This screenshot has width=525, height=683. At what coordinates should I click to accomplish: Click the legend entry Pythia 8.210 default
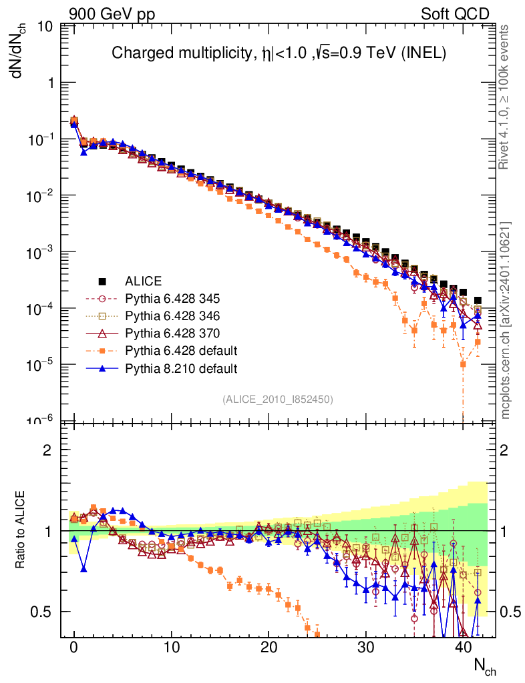(181, 368)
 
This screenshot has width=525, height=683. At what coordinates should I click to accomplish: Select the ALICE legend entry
(143, 281)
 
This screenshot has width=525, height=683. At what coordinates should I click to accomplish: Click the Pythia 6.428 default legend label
(181, 350)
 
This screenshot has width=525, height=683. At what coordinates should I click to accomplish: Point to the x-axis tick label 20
(269, 648)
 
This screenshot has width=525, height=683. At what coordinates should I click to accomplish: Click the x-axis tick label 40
(463, 648)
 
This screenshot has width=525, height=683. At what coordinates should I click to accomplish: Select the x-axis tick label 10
(172, 648)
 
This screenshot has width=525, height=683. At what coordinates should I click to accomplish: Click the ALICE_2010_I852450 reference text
(278, 399)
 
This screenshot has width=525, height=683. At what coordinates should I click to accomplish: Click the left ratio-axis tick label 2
(47, 450)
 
